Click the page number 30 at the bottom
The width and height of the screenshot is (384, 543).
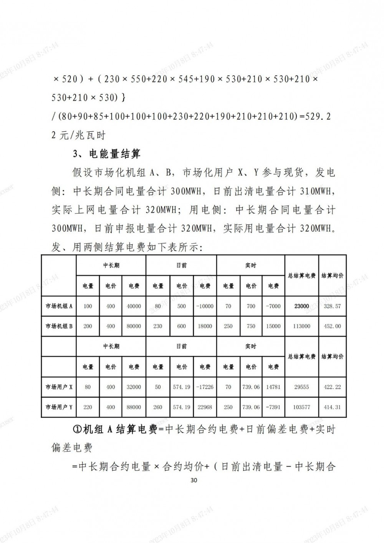tap(194, 480)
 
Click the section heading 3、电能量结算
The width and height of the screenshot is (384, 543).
tap(106, 154)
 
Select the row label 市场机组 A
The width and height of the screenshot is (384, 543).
tap(59, 306)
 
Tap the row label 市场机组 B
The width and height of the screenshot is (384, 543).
tap(59, 326)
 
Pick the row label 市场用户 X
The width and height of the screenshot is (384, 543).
tap(59, 387)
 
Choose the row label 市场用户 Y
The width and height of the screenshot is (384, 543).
tap(59, 407)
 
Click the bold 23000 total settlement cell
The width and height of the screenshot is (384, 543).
tap(301, 306)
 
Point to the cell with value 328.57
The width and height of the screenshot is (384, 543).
tap(332, 306)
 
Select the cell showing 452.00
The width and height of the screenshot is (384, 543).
tap(332, 326)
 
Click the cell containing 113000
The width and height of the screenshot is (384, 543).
tap(301, 326)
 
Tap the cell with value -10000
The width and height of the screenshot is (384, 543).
tap(205, 306)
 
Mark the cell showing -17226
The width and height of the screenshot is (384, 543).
tap(205, 387)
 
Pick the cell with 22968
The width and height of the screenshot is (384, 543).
tap(205, 407)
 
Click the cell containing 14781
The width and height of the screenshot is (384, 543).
tap(273, 387)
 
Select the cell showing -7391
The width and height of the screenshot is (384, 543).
tap(273, 407)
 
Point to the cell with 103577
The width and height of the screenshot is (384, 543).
tap(301, 407)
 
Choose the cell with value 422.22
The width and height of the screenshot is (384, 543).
tap(332, 387)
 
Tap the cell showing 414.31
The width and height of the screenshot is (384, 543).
tap(332, 407)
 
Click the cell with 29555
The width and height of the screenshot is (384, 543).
tap(301, 387)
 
